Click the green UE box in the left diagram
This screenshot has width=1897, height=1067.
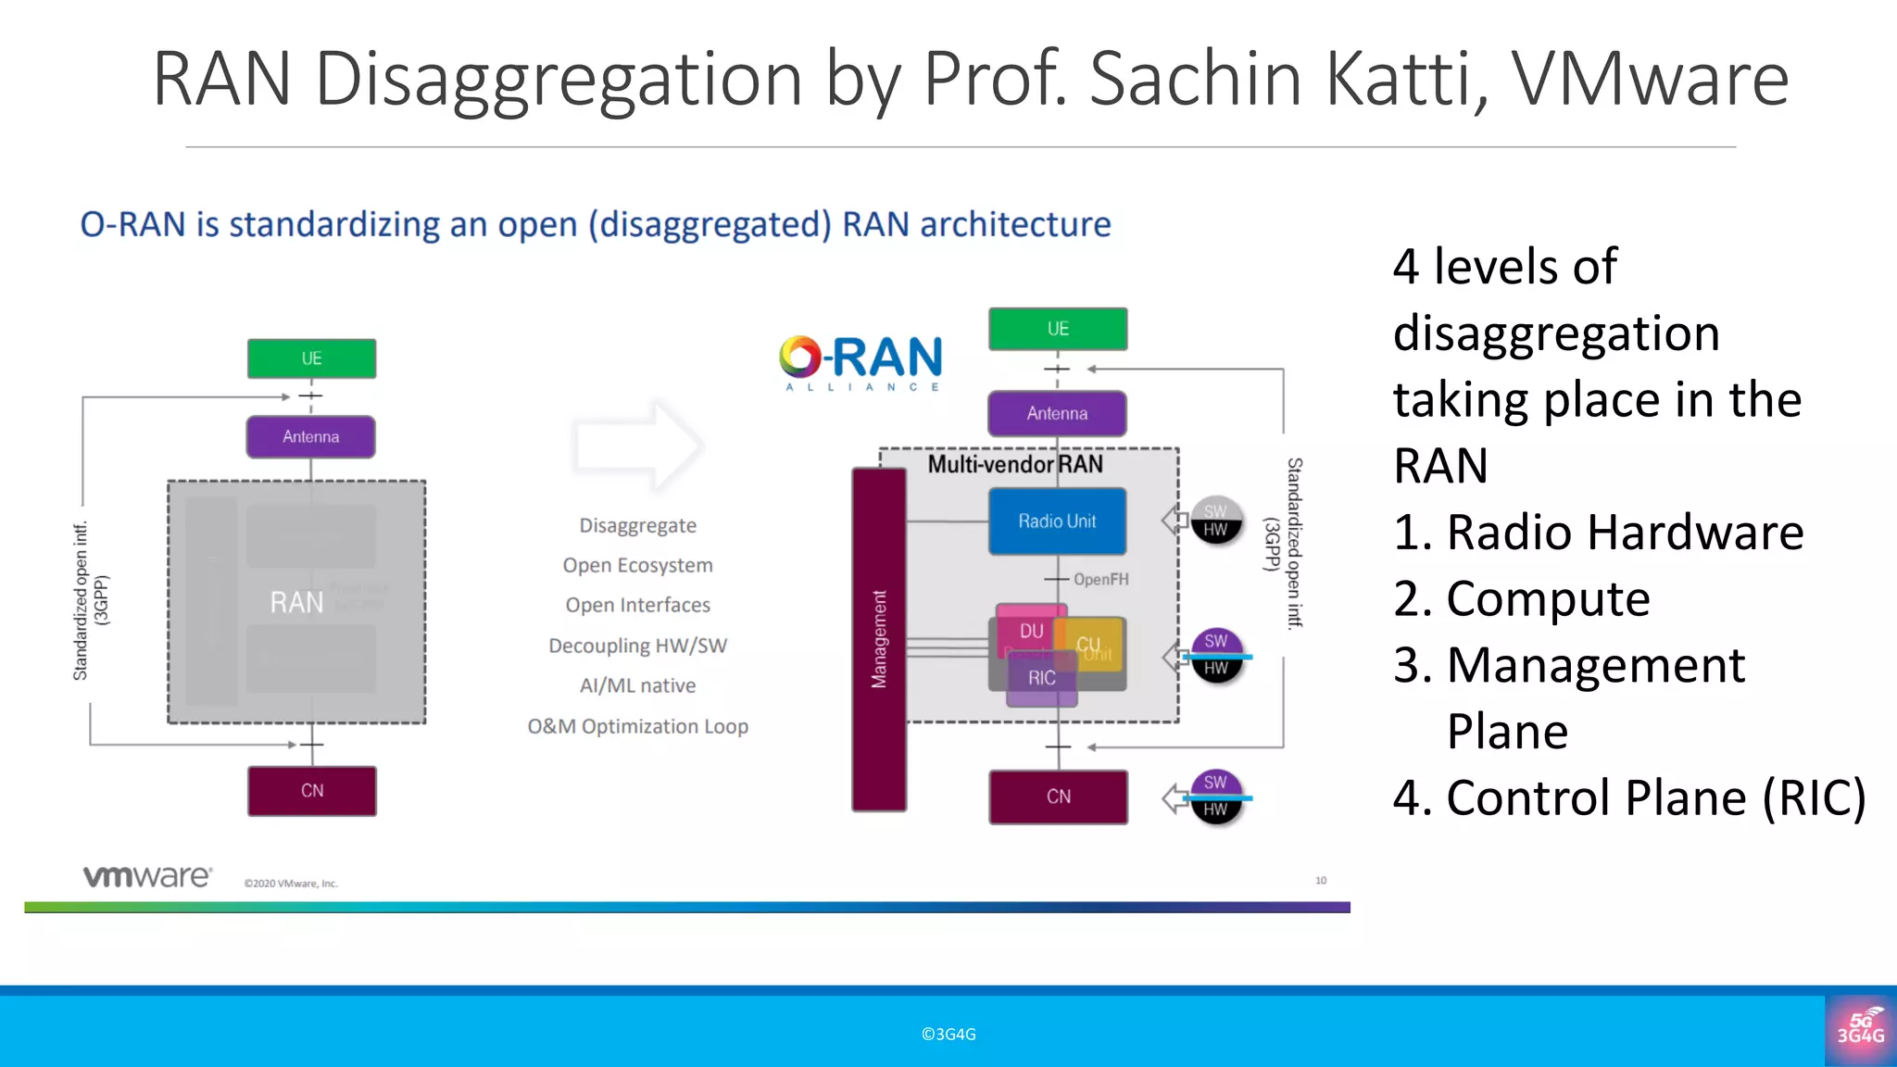311,358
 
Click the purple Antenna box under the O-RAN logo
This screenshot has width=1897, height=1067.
1057,413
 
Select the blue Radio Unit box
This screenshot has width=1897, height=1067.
1057,521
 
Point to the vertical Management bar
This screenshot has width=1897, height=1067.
879,639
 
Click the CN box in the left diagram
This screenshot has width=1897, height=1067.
312,791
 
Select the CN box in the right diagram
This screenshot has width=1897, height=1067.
1058,797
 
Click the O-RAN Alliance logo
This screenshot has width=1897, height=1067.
861,362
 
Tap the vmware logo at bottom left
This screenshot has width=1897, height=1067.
147,876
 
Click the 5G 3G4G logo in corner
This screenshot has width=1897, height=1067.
1861,1029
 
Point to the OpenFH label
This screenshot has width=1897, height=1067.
1100,580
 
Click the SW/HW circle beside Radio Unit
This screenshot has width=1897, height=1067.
1216,521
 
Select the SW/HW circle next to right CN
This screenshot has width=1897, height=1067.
1216,796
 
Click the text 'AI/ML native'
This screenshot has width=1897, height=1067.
637,685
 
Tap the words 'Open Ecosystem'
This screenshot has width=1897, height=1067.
637,565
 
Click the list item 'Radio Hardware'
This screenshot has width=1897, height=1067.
1624,533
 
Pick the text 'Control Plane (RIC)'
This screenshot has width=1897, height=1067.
1655,797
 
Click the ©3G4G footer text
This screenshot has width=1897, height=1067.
948,1035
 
